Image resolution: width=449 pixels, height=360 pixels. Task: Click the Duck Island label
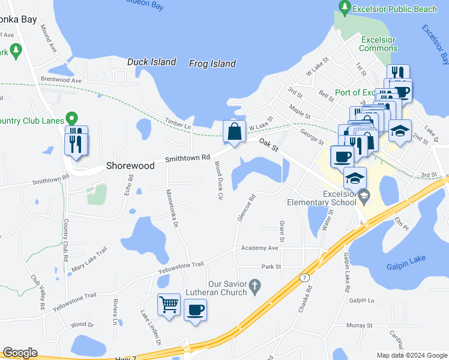tap(151, 62)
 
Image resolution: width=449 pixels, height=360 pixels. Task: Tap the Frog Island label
tap(212, 64)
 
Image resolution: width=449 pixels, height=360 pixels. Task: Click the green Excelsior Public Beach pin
tap(345, 8)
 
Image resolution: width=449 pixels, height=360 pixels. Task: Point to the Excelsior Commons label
tap(378, 44)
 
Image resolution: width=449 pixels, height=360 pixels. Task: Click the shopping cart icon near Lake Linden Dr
tap(169, 304)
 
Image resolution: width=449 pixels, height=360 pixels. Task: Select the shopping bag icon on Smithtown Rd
tap(234, 131)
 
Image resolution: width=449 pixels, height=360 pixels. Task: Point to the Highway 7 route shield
tap(305, 277)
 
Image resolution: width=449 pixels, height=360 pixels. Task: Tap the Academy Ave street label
tap(259, 248)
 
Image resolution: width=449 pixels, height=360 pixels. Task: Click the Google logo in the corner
tap(20, 353)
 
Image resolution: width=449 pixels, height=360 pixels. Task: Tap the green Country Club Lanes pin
tap(71, 119)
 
